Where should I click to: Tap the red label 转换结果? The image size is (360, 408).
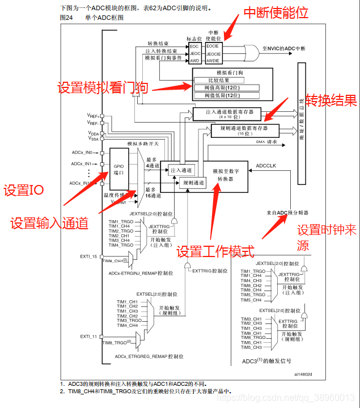tap(331, 100)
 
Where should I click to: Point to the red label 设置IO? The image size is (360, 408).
tap(24, 190)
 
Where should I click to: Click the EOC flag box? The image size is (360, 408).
tap(194, 45)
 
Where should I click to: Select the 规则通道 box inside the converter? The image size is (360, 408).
tap(193, 183)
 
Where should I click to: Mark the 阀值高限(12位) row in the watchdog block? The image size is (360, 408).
tap(226, 88)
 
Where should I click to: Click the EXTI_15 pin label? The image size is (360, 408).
tap(88, 256)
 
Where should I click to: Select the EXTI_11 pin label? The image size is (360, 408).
tap(88, 337)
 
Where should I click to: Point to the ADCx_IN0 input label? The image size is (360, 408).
tap(82, 153)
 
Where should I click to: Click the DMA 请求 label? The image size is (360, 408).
tap(266, 141)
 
